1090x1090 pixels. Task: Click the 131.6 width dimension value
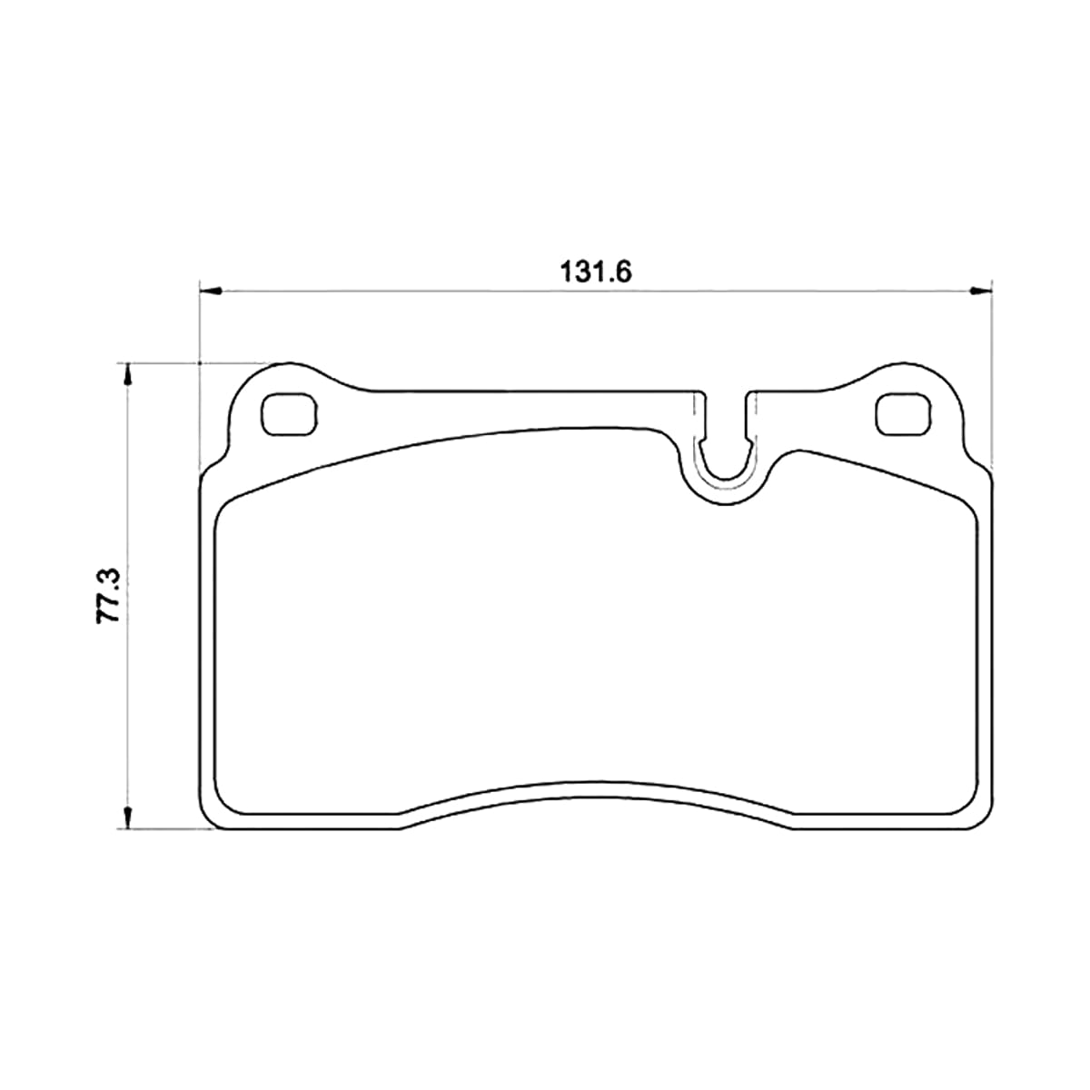(x=595, y=272)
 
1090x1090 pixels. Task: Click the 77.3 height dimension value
(x=109, y=596)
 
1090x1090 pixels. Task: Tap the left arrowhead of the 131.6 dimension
(x=211, y=292)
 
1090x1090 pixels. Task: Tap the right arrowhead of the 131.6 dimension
(x=982, y=292)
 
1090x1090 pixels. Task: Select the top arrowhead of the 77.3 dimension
(x=128, y=373)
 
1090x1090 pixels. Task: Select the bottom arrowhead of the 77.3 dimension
(x=128, y=818)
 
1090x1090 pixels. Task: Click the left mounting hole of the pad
(x=289, y=414)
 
